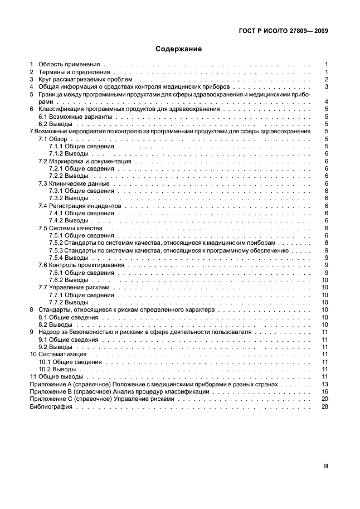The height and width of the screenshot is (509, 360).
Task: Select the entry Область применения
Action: [x=69, y=65]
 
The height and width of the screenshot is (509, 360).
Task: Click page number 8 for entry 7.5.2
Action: [x=326, y=243]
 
